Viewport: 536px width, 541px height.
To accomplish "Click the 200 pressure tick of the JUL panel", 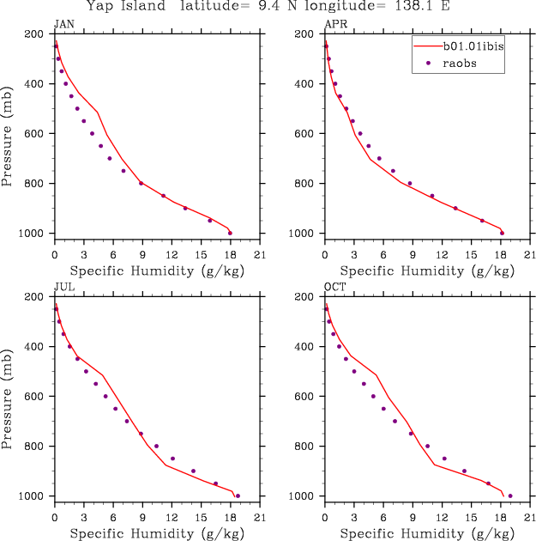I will coord(37,297).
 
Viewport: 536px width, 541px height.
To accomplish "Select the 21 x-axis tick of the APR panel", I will coord(530,254).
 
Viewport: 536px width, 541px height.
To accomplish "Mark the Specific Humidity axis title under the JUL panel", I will coord(158,534).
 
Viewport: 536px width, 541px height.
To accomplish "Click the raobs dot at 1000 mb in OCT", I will coord(510,495).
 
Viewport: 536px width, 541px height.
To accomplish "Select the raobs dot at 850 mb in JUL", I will coord(172,459).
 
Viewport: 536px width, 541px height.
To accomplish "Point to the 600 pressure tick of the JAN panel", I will coord(37,134).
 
